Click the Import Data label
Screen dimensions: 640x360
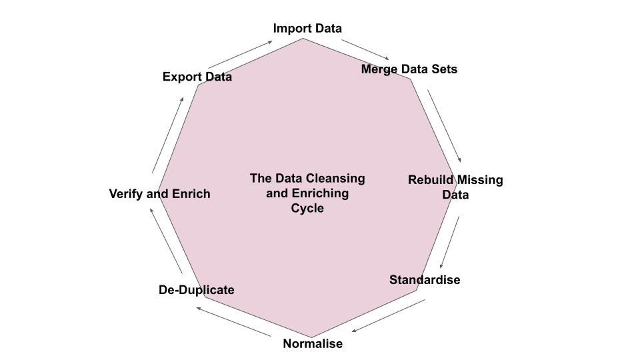pyautogui.click(x=307, y=28)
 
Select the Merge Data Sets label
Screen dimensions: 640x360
pyautogui.click(x=409, y=69)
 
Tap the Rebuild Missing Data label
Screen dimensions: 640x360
pyautogui.click(x=455, y=187)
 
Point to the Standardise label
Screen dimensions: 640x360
pyautogui.click(x=425, y=279)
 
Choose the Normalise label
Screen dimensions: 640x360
pyautogui.click(x=313, y=343)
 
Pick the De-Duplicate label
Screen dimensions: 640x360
pyautogui.click(x=197, y=289)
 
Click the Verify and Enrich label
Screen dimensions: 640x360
pyautogui.click(x=159, y=193)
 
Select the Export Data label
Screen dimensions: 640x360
pyautogui.click(x=197, y=77)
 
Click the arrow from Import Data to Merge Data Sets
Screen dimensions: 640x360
pyautogui.click(x=365, y=49)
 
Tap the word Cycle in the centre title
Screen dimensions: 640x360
pyautogui.click(x=307, y=208)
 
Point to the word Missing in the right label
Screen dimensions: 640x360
pyautogui.click(x=480, y=180)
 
